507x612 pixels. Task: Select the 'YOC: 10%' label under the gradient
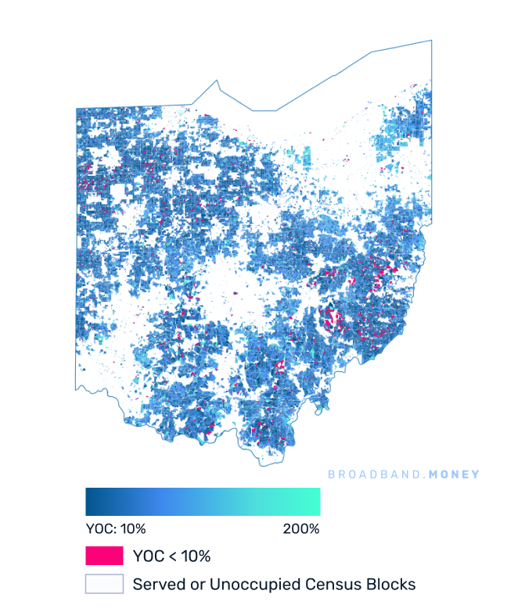coord(115,528)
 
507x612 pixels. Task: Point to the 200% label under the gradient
coord(300,528)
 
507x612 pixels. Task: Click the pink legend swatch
coord(104,556)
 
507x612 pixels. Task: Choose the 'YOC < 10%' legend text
coord(171,557)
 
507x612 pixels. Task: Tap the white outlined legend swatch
coord(104,584)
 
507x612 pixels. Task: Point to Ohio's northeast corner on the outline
coord(430,41)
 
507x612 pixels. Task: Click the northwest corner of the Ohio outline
coord(76,108)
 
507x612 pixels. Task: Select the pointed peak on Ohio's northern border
coord(217,81)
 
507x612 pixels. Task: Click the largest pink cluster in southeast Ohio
coord(333,319)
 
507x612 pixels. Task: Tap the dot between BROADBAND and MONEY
coord(419,475)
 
